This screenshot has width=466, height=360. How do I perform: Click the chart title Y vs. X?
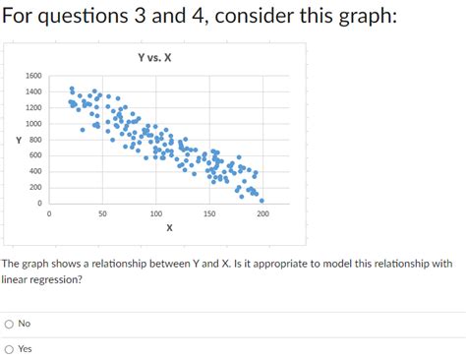pyautogui.click(x=155, y=57)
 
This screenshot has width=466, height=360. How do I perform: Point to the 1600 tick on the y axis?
pyautogui.click(x=33, y=76)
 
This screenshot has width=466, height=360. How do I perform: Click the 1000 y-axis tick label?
pyautogui.click(x=33, y=124)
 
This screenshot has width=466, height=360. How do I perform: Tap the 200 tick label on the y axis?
pyautogui.click(x=35, y=187)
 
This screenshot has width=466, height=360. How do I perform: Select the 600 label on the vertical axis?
pyautogui.click(x=35, y=155)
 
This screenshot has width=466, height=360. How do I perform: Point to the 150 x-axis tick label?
pyautogui.click(x=208, y=212)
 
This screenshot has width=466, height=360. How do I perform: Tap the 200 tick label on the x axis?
pyautogui.click(x=262, y=212)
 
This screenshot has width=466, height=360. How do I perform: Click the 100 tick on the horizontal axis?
pyautogui.click(x=155, y=212)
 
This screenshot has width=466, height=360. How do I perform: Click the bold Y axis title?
pyautogui.click(x=18, y=140)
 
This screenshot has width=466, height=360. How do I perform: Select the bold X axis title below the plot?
pyautogui.click(x=169, y=227)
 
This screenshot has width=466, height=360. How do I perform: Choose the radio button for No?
pyautogui.click(x=9, y=324)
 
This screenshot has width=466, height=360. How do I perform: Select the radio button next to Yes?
pyautogui.click(x=9, y=348)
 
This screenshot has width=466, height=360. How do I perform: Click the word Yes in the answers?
pyautogui.click(x=25, y=348)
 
